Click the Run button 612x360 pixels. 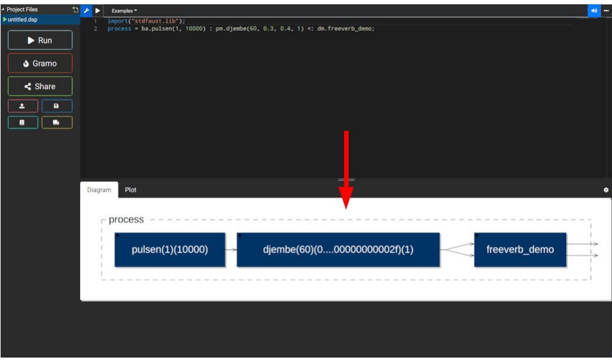40,40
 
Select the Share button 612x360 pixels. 40,86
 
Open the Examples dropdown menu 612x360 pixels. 124,11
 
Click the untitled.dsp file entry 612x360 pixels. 23,20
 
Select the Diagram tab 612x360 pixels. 99,190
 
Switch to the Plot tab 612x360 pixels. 130,190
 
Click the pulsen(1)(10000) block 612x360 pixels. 170,250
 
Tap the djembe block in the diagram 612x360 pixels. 338,250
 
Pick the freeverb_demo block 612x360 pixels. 520,250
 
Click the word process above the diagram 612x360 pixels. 126,220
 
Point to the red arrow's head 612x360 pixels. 346,209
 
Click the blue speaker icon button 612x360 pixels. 594,11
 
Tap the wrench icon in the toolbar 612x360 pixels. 86,11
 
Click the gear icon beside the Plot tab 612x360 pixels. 606,190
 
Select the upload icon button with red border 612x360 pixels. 23,106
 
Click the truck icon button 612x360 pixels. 56,122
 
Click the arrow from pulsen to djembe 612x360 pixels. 231,250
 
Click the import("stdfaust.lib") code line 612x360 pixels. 146,21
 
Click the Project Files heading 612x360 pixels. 22,9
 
